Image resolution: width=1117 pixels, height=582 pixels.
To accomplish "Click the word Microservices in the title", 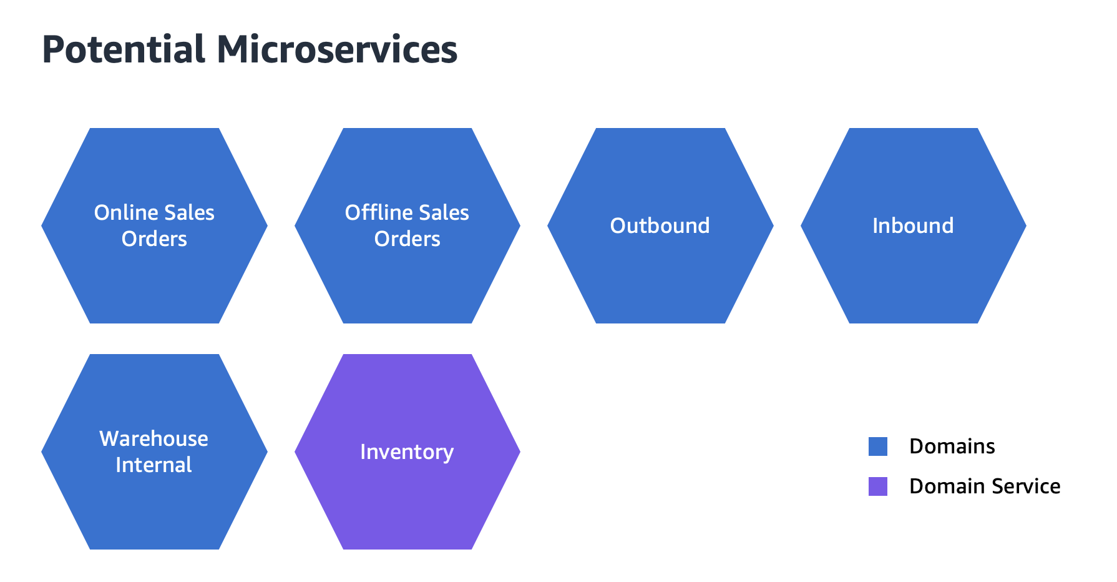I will [337, 50].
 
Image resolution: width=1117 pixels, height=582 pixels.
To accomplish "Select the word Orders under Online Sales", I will [154, 239].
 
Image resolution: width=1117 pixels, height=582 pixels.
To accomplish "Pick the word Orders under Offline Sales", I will [407, 239].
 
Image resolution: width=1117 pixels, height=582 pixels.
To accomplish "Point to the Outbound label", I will [660, 226].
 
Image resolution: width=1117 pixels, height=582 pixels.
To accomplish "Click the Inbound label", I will [912, 226].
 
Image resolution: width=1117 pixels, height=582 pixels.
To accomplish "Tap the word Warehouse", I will [154, 439].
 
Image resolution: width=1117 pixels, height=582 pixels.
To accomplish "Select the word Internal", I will [154, 465].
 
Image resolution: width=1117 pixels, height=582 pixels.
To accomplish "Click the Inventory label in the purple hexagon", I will [407, 452].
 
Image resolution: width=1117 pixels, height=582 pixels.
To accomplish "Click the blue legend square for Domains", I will [877, 446].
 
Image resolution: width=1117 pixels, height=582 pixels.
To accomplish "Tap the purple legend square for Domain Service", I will [877, 486].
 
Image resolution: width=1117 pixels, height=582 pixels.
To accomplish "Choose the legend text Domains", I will [952, 446].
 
